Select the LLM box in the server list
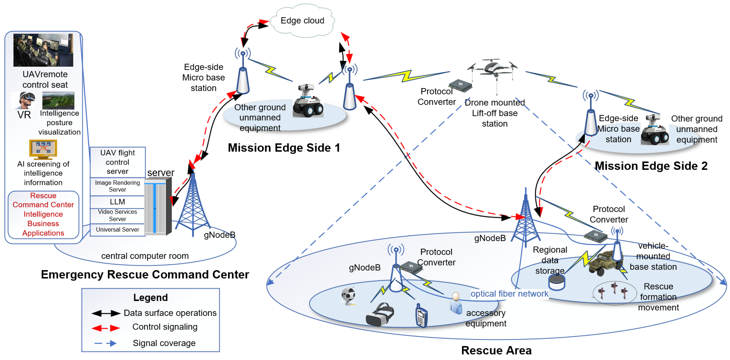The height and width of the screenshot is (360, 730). tap(117, 202)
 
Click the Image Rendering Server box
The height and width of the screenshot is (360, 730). tap(117, 186)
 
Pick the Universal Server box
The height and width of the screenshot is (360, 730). tap(117, 229)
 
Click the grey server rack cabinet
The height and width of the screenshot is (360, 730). tap(158, 207)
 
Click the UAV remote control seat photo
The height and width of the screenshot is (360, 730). tap(43, 50)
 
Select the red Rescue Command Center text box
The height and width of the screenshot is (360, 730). tap(43, 214)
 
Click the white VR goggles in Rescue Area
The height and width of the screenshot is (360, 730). tap(380, 315)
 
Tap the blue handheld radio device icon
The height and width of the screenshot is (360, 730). tap(421, 316)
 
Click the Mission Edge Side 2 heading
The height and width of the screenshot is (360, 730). tap(651, 166)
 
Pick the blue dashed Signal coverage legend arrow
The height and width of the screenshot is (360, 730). tap(105, 343)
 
